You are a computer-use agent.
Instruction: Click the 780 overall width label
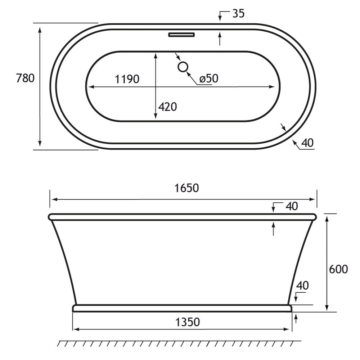[x=25, y=78]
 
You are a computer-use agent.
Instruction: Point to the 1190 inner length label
[x=127, y=79]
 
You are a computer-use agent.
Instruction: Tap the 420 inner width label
[x=167, y=107]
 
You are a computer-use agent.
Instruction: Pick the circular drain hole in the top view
[x=183, y=67]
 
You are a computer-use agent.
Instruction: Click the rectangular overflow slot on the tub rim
[x=181, y=35]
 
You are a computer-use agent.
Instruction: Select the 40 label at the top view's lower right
[x=307, y=143]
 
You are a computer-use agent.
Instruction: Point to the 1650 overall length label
[x=186, y=188]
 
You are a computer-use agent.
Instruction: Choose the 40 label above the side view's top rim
[x=292, y=206]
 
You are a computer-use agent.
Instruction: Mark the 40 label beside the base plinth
[x=302, y=285]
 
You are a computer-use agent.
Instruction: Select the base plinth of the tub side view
[x=182, y=308]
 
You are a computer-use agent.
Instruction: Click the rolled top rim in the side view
[x=182, y=217]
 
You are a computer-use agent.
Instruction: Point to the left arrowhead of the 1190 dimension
[x=90, y=86]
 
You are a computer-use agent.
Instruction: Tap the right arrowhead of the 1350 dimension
[x=289, y=329]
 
